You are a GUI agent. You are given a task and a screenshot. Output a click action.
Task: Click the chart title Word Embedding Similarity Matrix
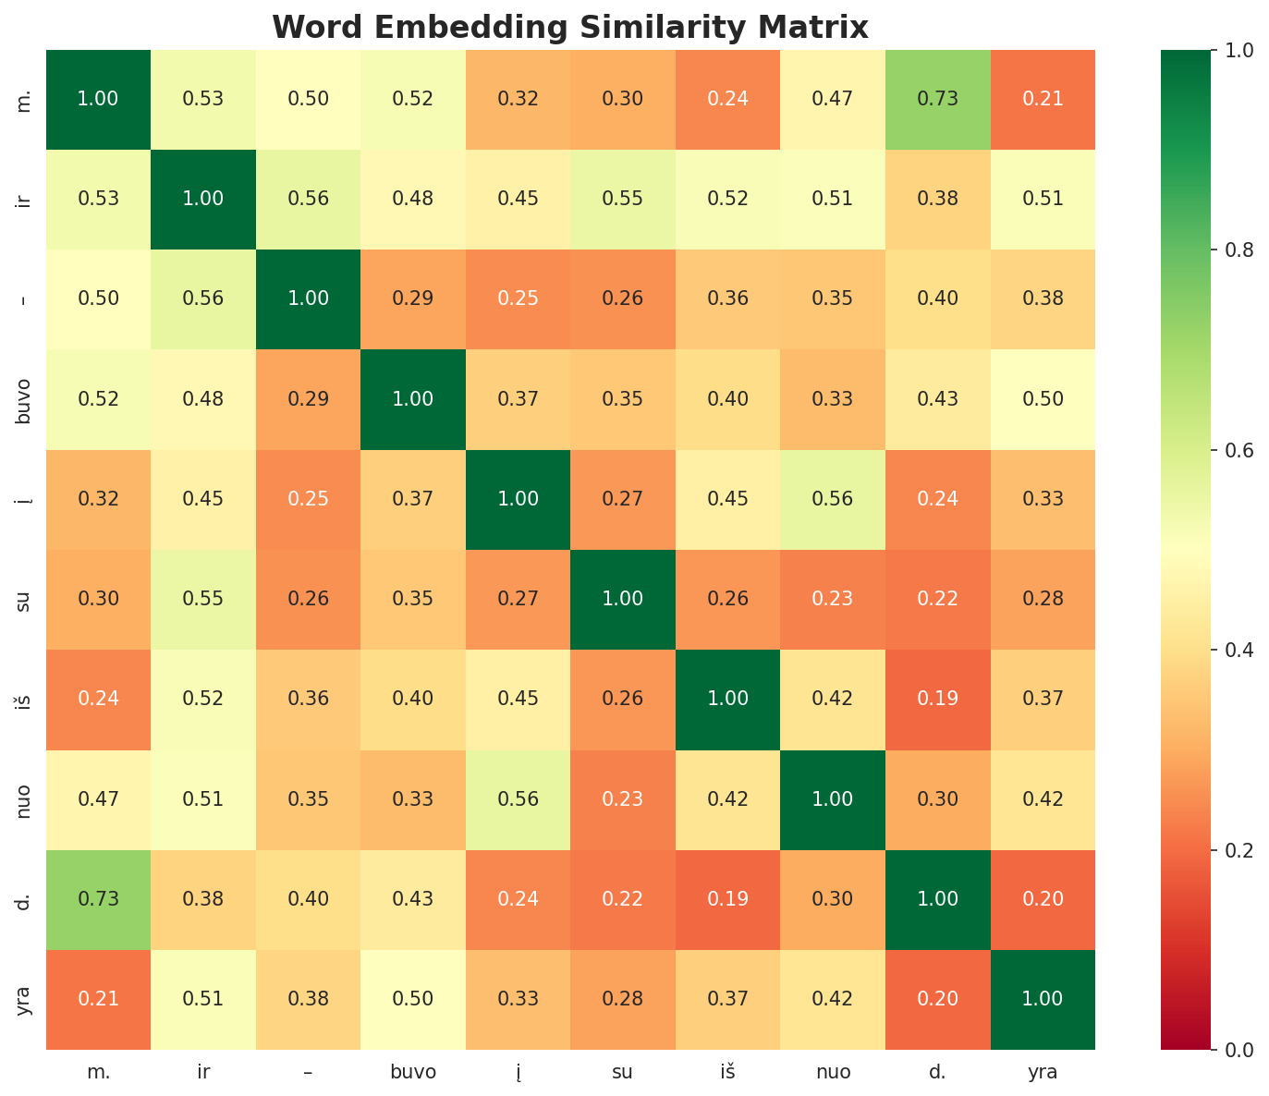click(x=570, y=27)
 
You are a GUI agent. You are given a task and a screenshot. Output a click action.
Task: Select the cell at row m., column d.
click(x=937, y=99)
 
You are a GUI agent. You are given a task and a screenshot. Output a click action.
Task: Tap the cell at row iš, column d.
click(x=937, y=700)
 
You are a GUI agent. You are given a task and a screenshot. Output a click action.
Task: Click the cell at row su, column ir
click(x=203, y=599)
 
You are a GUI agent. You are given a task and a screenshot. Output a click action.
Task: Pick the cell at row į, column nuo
click(x=832, y=499)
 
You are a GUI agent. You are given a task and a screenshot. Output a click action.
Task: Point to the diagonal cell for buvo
click(x=413, y=399)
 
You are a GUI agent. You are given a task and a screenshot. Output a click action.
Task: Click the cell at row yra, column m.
click(x=98, y=999)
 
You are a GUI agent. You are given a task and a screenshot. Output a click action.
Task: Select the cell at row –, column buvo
click(x=413, y=298)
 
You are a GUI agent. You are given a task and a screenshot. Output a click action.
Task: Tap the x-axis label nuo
click(x=832, y=1073)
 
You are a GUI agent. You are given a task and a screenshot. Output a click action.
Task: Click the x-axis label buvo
click(x=413, y=1073)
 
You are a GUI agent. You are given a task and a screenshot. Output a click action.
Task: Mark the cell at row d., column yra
click(x=1043, y=899)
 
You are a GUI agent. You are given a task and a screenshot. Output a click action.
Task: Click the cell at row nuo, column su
click(x=623, y=799)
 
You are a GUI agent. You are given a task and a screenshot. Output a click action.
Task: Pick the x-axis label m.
click(x=98, y=1073)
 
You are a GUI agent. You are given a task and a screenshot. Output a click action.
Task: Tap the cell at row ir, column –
click(x=308, y=199)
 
